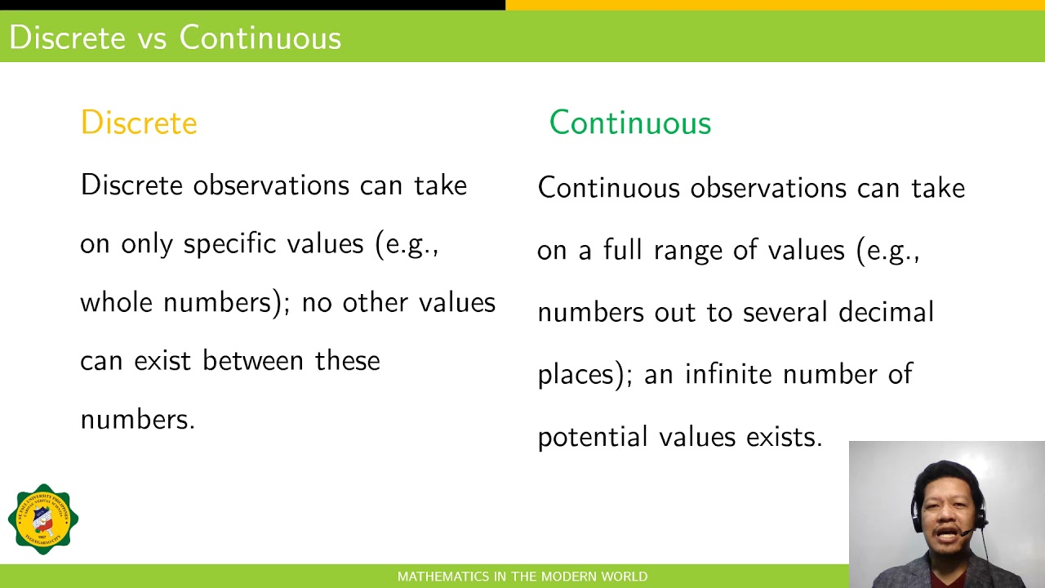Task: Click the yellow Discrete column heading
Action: coord(139,123)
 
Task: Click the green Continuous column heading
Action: coord(629,123)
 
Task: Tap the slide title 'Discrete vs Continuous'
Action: coord(175,38)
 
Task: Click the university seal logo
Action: coord(43,519)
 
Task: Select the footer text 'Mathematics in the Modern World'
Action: coord(522,577)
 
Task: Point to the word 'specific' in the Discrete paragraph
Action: coord(216,244)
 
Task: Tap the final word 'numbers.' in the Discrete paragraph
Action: coord(137,420)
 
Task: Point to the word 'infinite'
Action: coord(728,374)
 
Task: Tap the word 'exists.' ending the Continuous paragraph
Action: coord(784,437)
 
